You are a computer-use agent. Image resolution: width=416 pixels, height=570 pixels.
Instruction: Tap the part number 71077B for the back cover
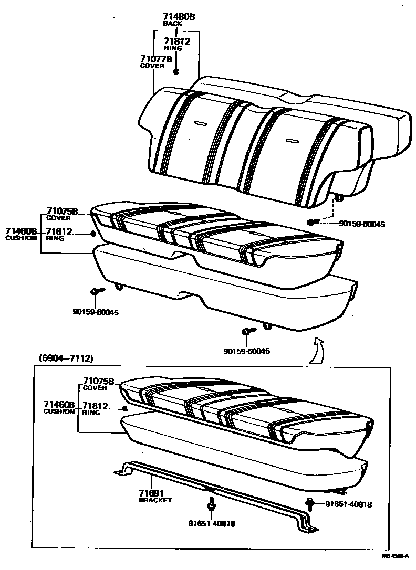click(x=156, y=59)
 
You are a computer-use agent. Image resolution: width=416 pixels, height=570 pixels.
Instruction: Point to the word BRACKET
click(x=155, y=500)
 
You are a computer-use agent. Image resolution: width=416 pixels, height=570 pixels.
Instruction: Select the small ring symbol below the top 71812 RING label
click(x=176, y=71)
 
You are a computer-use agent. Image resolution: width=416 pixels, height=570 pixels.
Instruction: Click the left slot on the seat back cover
click(x=200, y=123)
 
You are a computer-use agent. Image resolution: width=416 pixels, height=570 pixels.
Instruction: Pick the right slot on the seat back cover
click(x=291, y=141)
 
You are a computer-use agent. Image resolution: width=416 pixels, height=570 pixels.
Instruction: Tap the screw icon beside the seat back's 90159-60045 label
click(x=313, y=223)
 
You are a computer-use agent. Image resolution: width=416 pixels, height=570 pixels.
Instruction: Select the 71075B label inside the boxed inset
click(x=98, y=381)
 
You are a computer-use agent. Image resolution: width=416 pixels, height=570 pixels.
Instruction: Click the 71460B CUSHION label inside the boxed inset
click(x=59, y=408)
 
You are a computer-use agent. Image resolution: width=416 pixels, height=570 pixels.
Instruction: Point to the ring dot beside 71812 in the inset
click(x=125, y=408)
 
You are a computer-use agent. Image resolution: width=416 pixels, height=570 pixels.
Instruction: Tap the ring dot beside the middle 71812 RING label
click(x=93, y=234)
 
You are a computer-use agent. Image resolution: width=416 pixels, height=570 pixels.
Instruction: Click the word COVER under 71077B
click(x=152, y=66)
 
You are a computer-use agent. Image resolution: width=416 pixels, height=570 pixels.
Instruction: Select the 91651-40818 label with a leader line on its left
click(x=348, y=504)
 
